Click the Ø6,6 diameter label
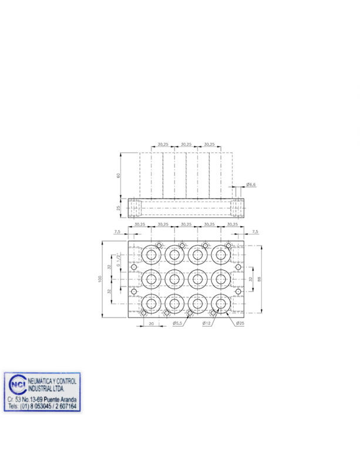coord(251,185)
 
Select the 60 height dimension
coord(118,175)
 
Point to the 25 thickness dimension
coord(118,208)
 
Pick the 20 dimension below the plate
coord(151,324)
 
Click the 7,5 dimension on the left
coord(117,232)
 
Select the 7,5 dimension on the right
coord(254,232)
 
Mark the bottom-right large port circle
coord(221,303)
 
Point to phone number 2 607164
coord(63,406)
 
